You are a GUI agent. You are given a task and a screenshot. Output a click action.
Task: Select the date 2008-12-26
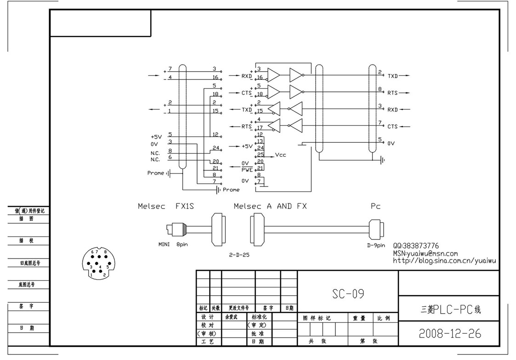[450, 333]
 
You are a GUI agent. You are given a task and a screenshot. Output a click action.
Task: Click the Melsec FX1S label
[166, 207]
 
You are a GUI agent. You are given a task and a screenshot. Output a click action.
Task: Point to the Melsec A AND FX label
[270, 207]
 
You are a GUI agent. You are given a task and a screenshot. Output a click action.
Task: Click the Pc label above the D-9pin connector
[375, 207]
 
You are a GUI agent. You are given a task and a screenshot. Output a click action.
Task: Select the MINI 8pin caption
[173, 244]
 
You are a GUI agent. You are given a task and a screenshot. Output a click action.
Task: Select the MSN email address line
[425, 253]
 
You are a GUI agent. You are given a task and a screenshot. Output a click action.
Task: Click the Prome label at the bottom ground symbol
[231, 190]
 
